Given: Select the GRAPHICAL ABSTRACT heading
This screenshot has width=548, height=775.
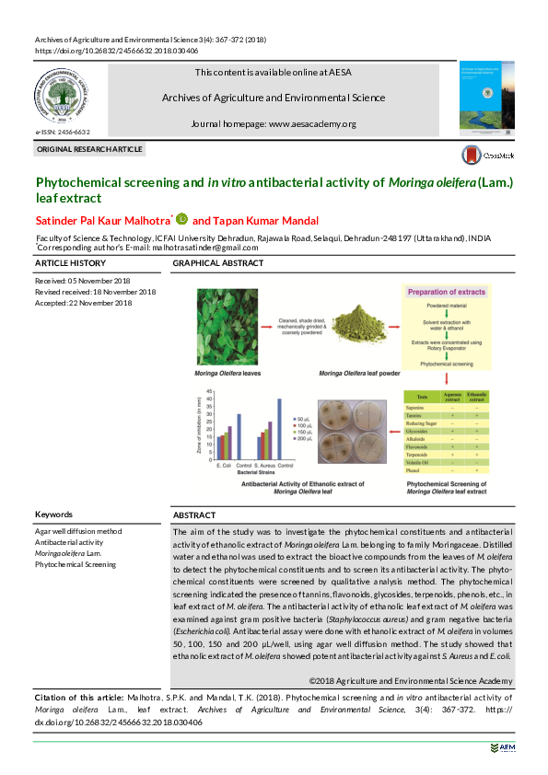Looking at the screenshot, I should point(217,264).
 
